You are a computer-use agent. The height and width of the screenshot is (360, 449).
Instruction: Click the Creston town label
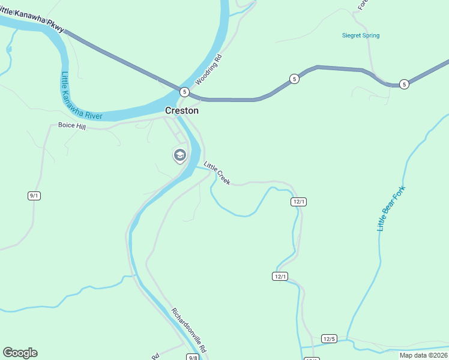[182, 111]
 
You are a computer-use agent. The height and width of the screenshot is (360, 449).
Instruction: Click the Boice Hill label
[72, 126]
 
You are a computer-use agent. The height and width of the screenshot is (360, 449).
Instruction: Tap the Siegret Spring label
[360, 36]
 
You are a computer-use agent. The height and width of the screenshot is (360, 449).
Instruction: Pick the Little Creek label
[217, 173]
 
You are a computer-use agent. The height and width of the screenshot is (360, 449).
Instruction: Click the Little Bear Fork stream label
[391, 209]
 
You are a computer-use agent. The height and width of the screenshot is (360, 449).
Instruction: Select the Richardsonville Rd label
[189, 331]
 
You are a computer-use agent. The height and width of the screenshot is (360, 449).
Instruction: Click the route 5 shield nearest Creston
[184, 92]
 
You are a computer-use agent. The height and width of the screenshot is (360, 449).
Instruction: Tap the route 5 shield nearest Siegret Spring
[405, 84]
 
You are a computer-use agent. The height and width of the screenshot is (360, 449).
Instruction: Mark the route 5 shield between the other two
[294, 79]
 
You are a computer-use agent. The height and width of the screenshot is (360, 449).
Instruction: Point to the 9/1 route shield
[34, 196]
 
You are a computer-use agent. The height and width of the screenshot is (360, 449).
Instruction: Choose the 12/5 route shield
[329, 339]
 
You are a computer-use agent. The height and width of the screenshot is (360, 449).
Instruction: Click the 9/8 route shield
[193, 358]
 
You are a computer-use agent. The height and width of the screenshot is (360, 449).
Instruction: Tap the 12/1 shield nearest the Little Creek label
[299, 202]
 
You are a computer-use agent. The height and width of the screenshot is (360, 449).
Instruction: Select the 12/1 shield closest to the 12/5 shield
[280, 276]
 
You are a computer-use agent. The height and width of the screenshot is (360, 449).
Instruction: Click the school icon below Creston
[179, 156]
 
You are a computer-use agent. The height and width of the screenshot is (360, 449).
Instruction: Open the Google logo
[20, 353]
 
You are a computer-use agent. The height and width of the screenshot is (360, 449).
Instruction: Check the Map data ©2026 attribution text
[423, 355]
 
